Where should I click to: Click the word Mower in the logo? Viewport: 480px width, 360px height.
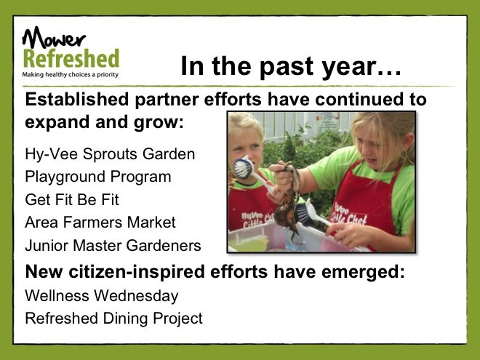pyautogui.click(x=54, y=38)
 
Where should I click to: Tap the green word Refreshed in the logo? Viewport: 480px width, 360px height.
pyautogui.click(x=71, y=58)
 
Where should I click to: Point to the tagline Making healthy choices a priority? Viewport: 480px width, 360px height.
pyautogui.click(x=70, y=75)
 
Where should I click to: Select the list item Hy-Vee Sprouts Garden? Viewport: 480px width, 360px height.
pyautogui.click(x=110, y=153)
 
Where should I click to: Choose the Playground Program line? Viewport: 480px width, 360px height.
pyautogui.click(x=98, y=177)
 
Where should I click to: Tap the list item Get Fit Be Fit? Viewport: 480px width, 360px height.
pyautogui.click(x=72, y=199)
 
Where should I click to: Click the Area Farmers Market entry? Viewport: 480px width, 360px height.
pyautogui.click(x=100, y=223)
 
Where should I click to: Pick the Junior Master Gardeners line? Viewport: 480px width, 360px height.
pyautogui.click(x=113, y=246)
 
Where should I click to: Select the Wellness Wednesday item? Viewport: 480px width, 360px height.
pyautogui.click(x=102, y=296)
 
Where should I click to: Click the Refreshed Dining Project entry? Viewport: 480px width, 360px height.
pyautogui.click(x=114, y=319)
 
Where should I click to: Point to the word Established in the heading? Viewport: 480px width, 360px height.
pyautogui.click(x=77, y=100)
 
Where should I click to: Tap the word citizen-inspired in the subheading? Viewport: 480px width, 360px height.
pyautogui.click(x=137, y=272)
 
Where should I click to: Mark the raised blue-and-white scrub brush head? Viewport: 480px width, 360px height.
pyautogui.click(x=244, y=167)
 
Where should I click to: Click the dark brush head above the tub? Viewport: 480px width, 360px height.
pyautogui.click(x=303, y=214)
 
